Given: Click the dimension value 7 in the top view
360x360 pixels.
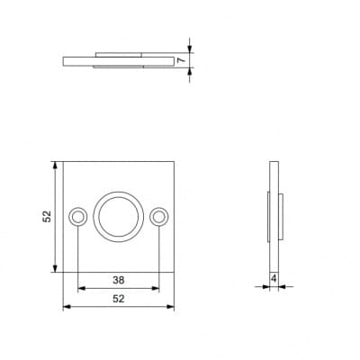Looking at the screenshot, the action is [181, 60].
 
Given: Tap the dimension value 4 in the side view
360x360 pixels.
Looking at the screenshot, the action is [274, 279].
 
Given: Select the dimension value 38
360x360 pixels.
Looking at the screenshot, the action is [119, 280].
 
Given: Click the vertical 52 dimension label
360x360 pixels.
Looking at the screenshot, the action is [47, 217].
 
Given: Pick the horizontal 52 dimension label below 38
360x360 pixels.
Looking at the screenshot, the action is [119, 299].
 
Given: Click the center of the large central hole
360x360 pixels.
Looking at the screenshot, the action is [119, 217].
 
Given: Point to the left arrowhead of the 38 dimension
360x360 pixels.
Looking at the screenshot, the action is [82, 289].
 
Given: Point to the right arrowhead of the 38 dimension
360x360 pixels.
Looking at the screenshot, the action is [156, 289].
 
